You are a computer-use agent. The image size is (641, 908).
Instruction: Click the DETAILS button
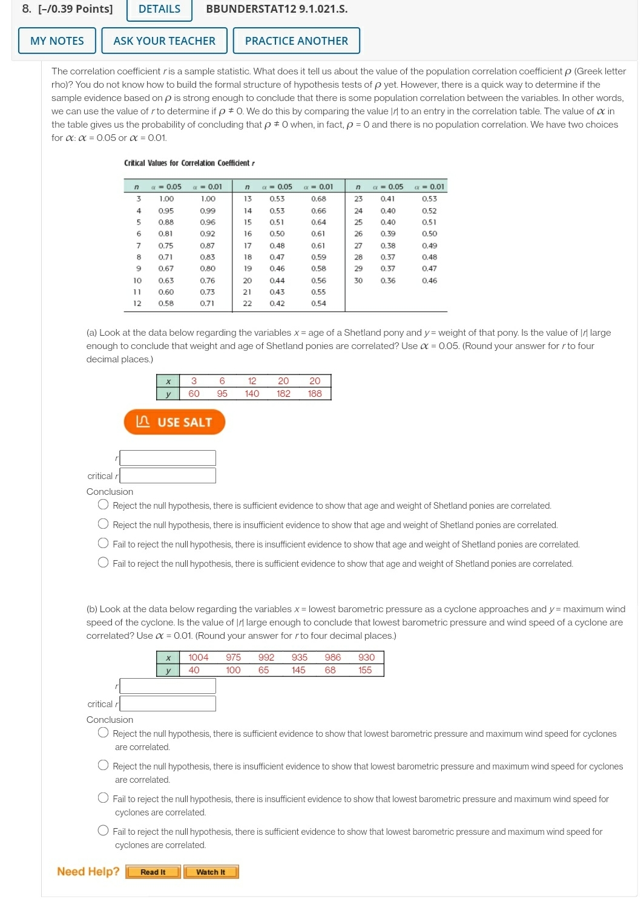point(159,9)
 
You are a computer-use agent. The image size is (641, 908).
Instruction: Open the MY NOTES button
point(57,41)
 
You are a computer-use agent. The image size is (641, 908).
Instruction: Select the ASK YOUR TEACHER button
point(164,41)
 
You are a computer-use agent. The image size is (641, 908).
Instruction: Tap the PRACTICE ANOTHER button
point(296,41)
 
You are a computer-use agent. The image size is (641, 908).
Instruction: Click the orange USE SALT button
point(174,422)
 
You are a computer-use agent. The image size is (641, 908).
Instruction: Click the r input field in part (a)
point(168,458)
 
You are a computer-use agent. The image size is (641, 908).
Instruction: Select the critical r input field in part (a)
point(168,475)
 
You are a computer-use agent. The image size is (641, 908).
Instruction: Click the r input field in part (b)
point(168,686)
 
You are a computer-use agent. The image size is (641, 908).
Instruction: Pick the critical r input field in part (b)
point(168,704)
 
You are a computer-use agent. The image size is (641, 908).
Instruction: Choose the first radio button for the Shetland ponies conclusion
point(104,505)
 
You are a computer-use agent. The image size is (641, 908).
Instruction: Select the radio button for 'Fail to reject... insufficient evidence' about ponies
point(104,543)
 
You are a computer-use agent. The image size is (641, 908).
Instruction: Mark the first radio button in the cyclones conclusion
point(104,733)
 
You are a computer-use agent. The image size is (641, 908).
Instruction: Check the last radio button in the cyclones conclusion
point(104,831)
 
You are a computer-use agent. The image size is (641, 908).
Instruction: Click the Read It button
point(153,872)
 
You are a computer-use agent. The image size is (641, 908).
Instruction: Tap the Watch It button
point(211,872)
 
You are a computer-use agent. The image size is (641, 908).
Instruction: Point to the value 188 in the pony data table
point(315,394)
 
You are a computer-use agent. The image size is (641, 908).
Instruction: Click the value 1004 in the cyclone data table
point(198,658)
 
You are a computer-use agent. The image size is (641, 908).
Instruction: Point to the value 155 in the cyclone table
point(365,670)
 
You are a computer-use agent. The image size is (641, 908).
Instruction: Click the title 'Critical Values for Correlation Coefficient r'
point(189,163)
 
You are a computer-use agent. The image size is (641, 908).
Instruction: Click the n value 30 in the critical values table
point(358,281)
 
